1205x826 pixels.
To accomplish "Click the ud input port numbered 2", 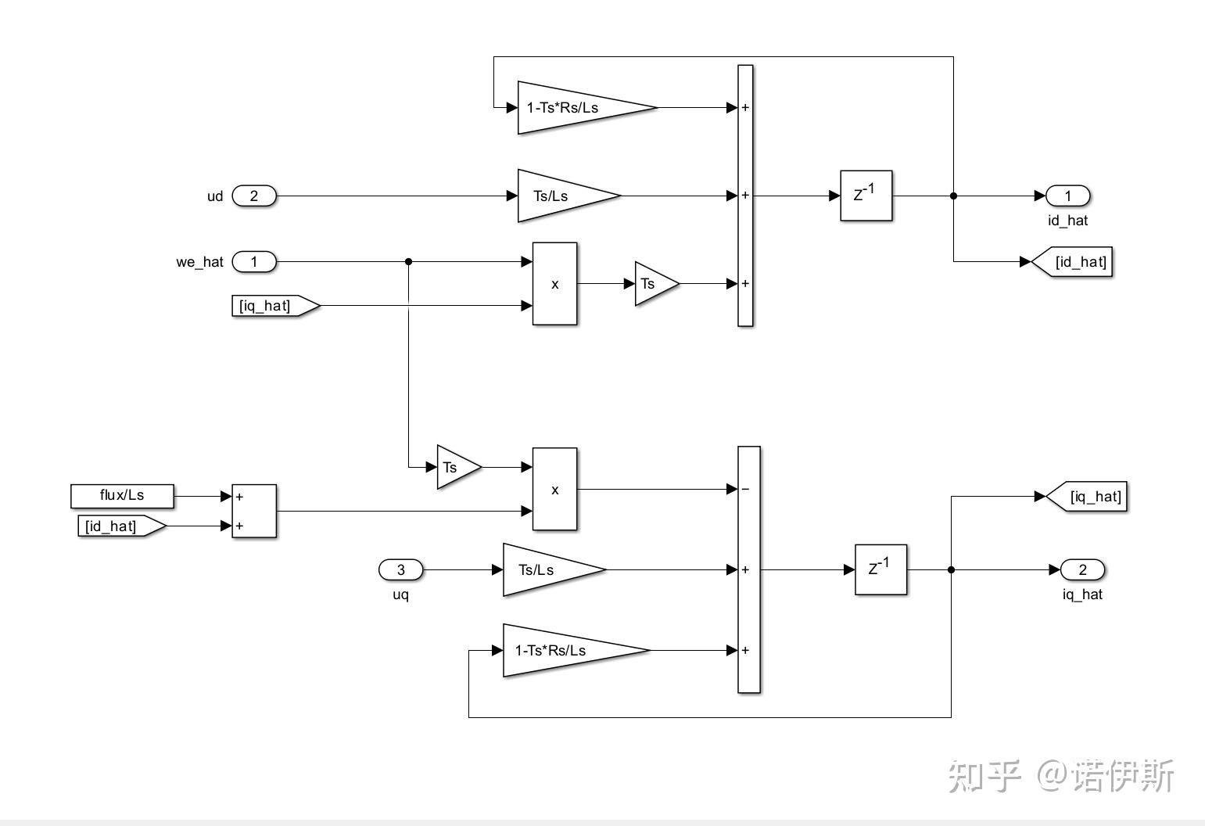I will pos(253,196).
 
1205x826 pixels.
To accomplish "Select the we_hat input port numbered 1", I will pos(253,261).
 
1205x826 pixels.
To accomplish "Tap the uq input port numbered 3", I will pos(400,569).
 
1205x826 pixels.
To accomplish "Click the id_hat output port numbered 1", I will pos(1067,196).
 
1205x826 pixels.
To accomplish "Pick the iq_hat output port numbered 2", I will pos(1082,569).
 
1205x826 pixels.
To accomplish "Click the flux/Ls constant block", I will pos(122,495).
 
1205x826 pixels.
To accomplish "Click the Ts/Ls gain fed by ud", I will pos(559,196).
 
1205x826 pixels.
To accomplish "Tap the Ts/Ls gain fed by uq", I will pos(544,569).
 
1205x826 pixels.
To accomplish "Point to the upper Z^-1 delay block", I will pos(866,196).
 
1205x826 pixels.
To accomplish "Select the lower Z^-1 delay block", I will pos(880,569).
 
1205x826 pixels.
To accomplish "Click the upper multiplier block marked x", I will pos(554,283).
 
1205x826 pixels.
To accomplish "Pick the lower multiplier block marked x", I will pos(554,489).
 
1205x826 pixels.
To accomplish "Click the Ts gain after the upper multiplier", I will pos(652,283).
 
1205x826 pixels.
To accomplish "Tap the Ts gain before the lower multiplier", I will pos(454,467).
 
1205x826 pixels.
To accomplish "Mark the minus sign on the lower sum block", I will pos(745,489).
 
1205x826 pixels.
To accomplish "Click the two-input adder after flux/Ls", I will pos(254,511).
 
